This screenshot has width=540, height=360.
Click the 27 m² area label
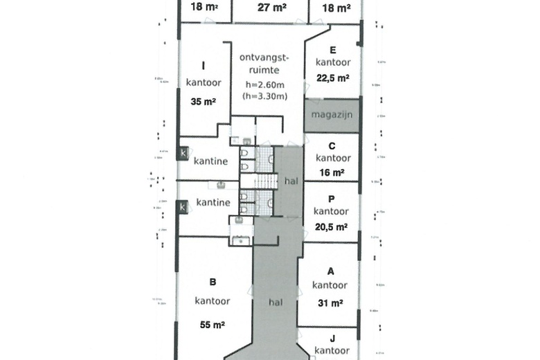pos(269,8)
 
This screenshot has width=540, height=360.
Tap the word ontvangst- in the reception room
pos(264,57)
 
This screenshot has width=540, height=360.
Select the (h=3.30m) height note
pos(263,96)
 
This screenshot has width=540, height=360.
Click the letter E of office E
pos(333,50)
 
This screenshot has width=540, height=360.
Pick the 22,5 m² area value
pos(332,77)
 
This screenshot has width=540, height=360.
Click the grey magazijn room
pos(332,114)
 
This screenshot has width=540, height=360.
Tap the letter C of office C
pos(332,146)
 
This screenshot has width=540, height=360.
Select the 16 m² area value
pos(331,172)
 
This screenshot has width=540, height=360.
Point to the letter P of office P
pos(331,199)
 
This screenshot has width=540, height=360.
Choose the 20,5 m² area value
pos(331,225)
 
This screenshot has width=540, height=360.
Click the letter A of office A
pos(330,271)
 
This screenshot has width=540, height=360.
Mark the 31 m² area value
pos(330,303)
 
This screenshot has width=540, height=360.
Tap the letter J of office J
pos(332,339)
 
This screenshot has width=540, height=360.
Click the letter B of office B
pos(213,282)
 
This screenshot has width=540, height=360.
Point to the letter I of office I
pos(203,66)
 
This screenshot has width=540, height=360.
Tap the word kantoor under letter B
pos(212,301)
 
